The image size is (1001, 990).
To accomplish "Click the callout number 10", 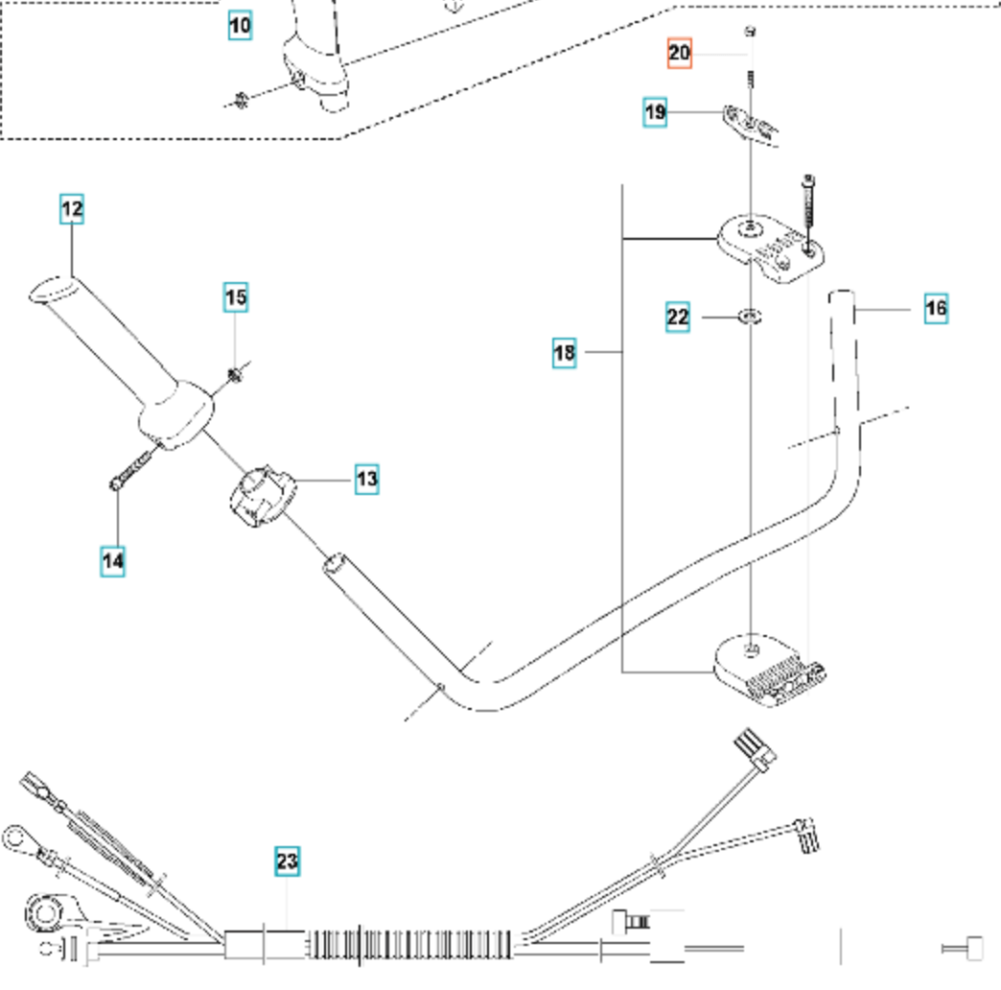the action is coord(240,26).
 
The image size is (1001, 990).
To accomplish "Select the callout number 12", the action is coord(72,209).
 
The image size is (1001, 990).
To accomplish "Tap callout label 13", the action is coord(367,479).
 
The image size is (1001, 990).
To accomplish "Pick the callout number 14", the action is coord(113,561).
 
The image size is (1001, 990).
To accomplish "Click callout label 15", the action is coord(236,297).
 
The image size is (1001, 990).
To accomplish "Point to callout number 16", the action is coord(936,309).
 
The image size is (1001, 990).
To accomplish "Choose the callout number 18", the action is coord(565,353).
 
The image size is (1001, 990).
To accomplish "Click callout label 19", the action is coord(655,112).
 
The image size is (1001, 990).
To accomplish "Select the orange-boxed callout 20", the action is coord(679,53).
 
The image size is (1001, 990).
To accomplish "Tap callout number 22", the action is coord(677,318).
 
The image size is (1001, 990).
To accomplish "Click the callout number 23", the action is coord(288,861).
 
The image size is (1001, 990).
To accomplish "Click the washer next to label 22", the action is coord(750,316).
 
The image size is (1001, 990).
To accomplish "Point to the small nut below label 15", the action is coord(235,375).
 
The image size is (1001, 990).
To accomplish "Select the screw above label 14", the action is coord(130,468).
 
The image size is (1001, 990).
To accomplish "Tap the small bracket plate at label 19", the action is coord(751,125).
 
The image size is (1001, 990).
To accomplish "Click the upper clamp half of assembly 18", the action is coord(770,247).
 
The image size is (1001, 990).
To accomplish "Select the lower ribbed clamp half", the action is coord(769,671).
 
